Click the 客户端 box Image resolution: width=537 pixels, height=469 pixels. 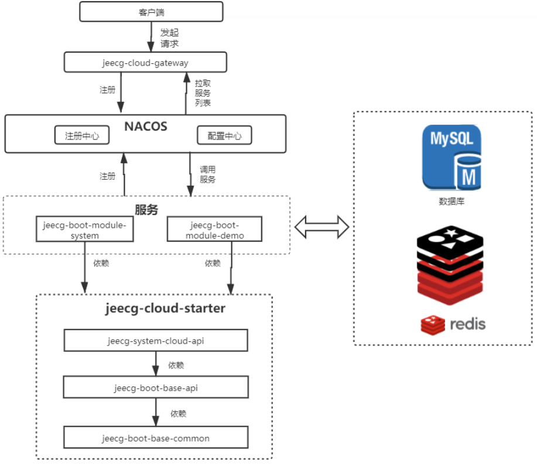[151, 11]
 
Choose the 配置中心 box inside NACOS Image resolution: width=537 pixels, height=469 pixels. [224, 136]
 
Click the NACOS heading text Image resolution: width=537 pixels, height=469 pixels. [146, 125]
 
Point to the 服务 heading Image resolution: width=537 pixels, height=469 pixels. [146, 210]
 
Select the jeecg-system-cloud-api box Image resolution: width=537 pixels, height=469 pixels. [156, 340]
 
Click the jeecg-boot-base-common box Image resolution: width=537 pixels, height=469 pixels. [156, 438]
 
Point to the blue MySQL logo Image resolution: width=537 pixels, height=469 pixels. [452, 157]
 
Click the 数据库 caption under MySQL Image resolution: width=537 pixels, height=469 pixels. [452, 201]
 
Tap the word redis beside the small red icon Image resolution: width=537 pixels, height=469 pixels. [467, 324]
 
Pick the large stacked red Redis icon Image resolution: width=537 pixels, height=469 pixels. [450, 268]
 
